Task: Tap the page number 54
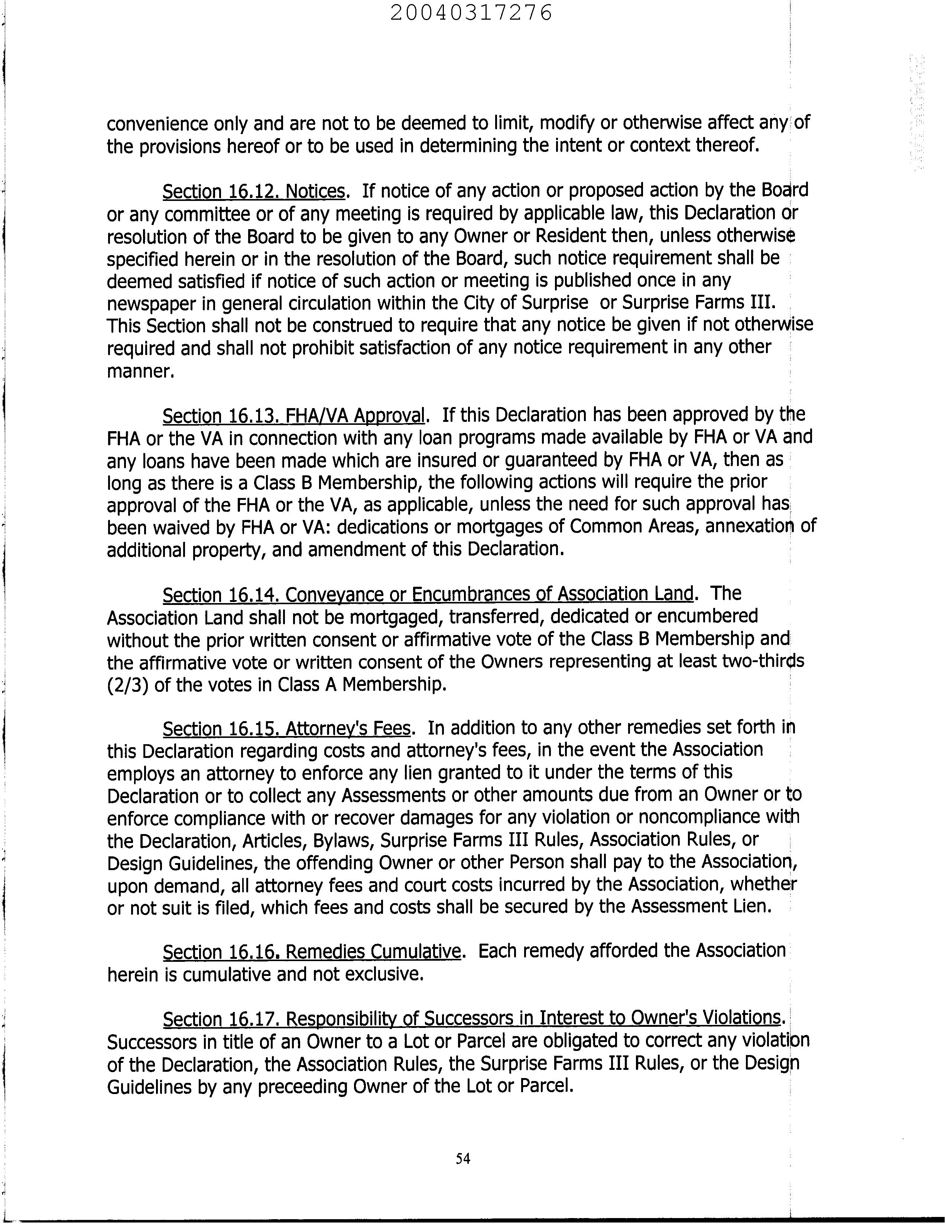tap(463, 1158)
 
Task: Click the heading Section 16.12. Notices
tap(253, 192)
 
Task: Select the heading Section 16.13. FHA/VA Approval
tap(294, 416)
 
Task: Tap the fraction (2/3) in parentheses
tap(127, 685)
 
